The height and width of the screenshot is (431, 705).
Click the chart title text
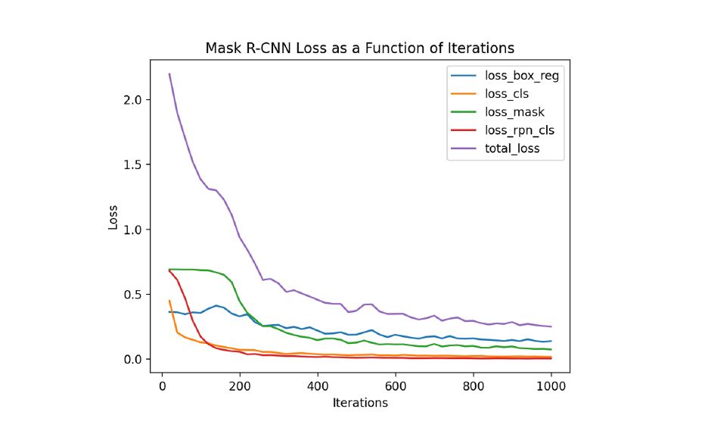pos(359,48)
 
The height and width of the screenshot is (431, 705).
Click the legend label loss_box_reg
pos(522,76)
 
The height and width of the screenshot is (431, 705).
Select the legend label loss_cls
pos(506,94)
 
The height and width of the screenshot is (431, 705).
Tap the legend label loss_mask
pos(514,112)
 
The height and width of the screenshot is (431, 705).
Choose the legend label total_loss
pos(512,148)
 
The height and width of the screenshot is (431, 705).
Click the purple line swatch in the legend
pos(463,148)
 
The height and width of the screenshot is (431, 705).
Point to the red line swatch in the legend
pos(463,130)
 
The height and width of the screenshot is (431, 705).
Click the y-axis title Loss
pos(113,217)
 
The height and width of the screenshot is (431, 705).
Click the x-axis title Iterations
pos(360,403)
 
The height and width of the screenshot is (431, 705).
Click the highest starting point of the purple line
pos(169,73)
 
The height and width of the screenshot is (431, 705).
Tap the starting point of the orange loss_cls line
pos(169,301)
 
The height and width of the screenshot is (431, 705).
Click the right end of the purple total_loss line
pos(551,326)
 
